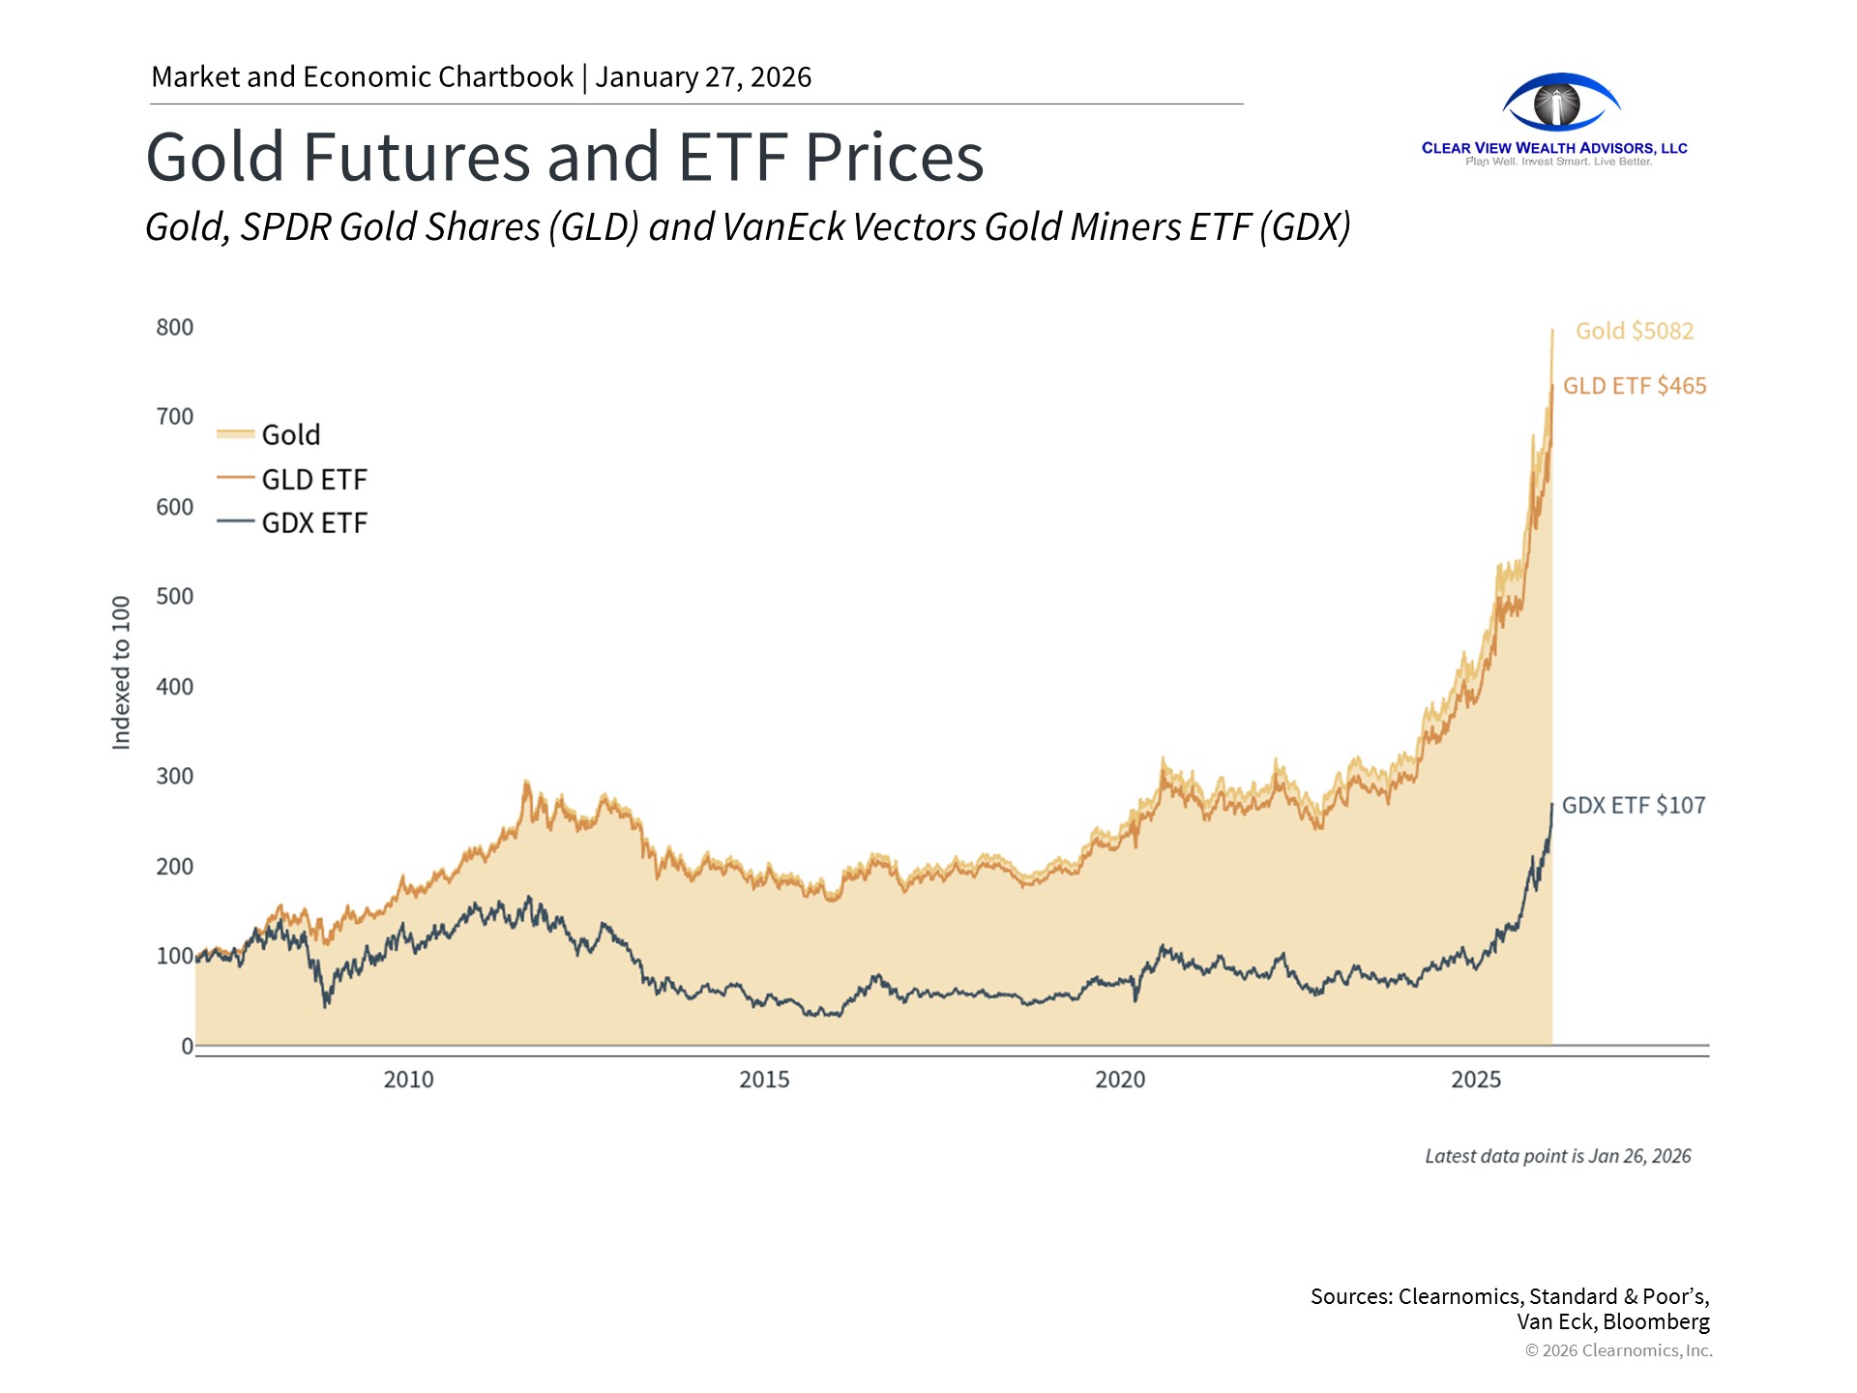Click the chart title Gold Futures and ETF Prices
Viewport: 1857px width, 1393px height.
pyautogui.click(x=565, y=157)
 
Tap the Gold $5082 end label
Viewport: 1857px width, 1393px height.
pyautogui.click(x=1635, y=331)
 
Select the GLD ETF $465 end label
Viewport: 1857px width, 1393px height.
pyautogui.click(x=1635, y=386)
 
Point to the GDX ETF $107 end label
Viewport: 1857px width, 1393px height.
pyautogui.click(x=1634, y=805)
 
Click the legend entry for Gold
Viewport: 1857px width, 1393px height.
pyautogui.click(x=290, y=434)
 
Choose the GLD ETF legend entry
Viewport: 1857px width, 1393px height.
pyautogui.click(x=313, y=479)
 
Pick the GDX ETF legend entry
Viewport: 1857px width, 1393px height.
pyautogui.click(x=313, y=522)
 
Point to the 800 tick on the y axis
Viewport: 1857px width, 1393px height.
pyautogui.click(x=175, y=327)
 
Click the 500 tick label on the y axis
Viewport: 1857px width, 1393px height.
pyautogui.click(x=175, y=596)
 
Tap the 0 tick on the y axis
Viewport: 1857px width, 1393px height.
pyautogui.click(x=187, y=1046)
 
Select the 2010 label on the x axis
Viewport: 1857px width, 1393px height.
pyautogui.click(x=408, y=1080)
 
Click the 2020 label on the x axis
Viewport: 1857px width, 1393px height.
pyautogui.click(x=1120, y=1080)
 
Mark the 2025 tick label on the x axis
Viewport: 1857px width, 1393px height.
pyautogui.click(x=1476, y=1080)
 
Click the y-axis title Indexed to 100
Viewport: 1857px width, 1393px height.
pyautogui.click(x=121, y=672)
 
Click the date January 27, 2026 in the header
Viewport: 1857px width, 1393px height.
pyautogui.click(x=703, y=76)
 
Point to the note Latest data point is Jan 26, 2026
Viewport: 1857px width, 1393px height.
pyautogui.click(x=1557, y=1156)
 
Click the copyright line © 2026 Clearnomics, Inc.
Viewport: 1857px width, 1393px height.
pyautogui.click(x=1618, y=1350)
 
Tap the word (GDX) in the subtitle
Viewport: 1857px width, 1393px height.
pyautogui.click(x=1305, y=227)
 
